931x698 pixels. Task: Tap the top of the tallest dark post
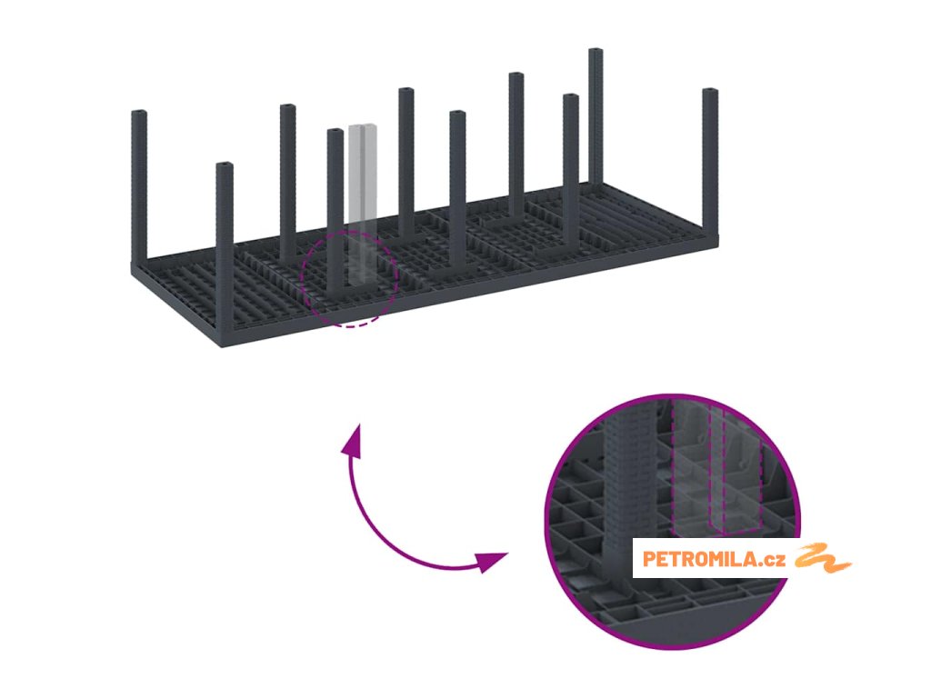[x=596, y=53]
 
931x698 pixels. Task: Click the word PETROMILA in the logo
[x=700, y=559]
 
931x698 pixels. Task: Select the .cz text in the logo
[x=774, y=559]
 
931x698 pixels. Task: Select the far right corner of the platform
[x=717, y=238]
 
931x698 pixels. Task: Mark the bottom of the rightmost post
[x=710, y=231]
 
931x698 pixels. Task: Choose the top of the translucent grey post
[x=363, y=127]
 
